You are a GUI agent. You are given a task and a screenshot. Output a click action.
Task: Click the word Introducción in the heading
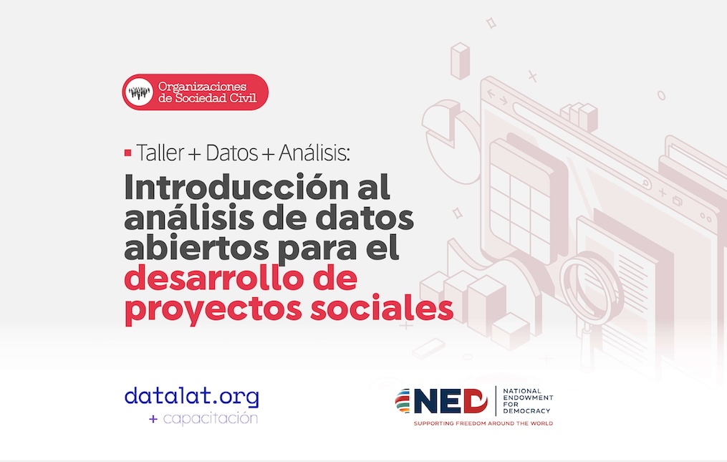pos(236,186)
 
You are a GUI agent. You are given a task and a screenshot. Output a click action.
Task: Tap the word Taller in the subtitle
pos(160,153)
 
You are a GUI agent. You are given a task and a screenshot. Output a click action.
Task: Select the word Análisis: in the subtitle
pos(314,152)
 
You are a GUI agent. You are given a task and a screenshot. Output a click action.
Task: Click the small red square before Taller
pos(128,153)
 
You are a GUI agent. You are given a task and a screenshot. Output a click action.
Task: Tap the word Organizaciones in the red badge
pos(202,86)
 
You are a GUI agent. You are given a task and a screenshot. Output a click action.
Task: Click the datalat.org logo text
pos(191,397)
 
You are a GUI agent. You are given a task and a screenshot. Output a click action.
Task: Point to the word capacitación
pos(211,418)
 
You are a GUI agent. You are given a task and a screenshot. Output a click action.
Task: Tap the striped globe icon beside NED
pos(403,401)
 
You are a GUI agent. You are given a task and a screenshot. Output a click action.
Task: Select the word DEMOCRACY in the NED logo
pos(526,411)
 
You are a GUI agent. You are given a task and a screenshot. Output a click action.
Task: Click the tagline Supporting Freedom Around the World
pos(483,423)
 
